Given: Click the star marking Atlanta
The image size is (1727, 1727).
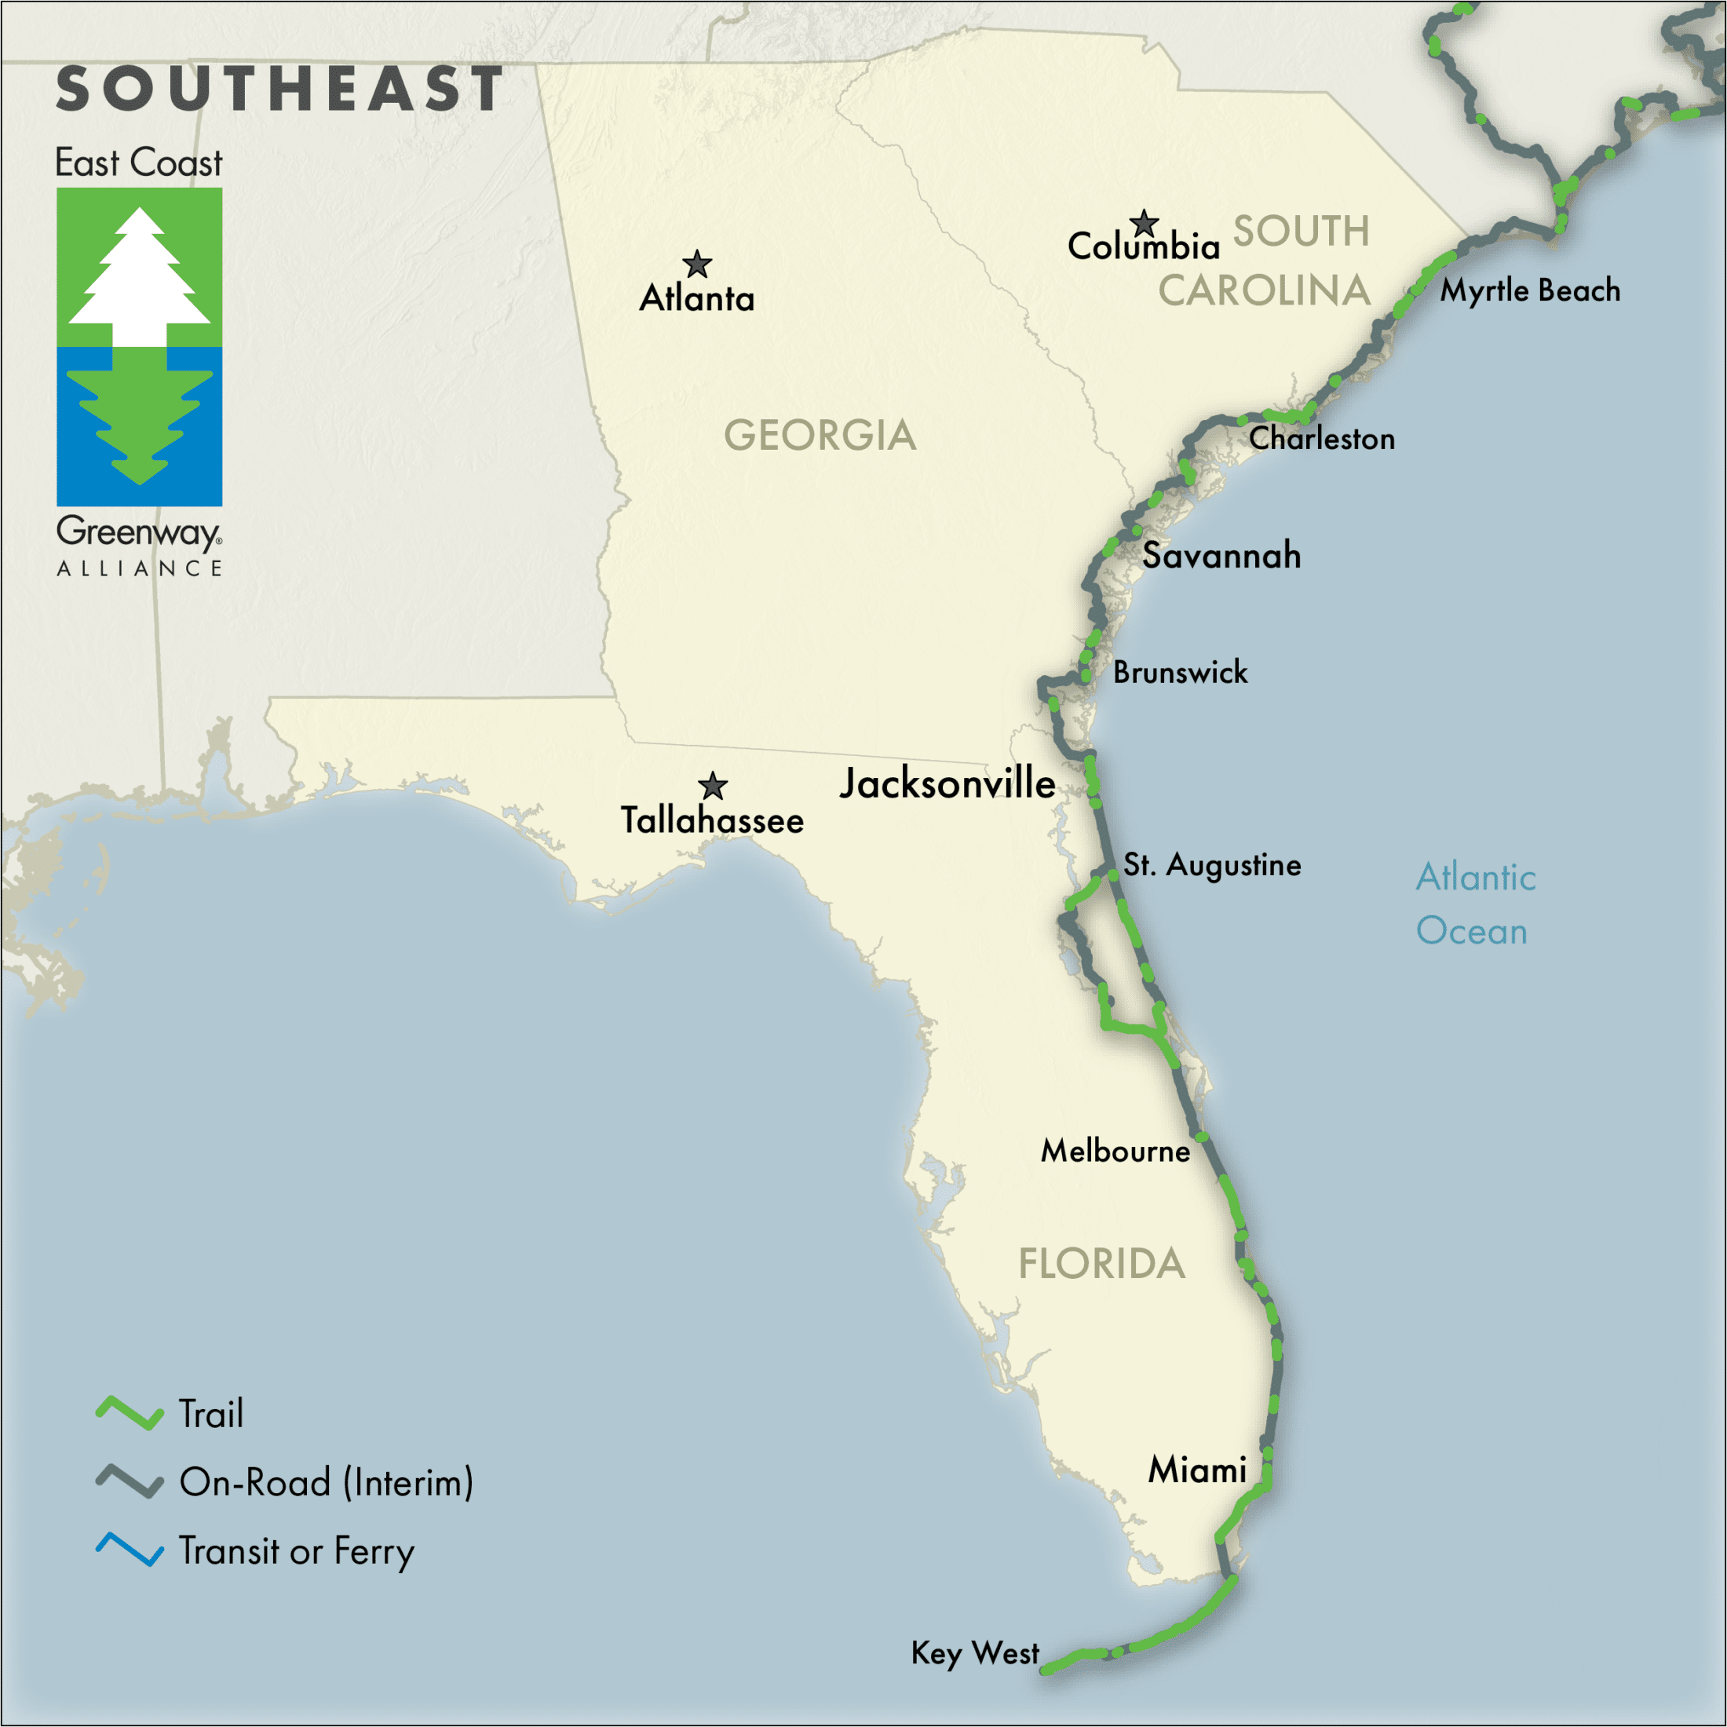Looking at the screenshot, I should [696, 265].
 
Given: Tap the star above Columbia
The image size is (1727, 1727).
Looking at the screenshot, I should [1143, 223].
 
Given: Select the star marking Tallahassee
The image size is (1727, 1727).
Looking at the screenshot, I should [713, 787].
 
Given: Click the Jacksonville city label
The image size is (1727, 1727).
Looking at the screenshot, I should [947, 783].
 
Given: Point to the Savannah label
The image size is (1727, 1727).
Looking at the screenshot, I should [1221, 556].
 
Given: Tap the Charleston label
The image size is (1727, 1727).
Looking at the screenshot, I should [1321, 439].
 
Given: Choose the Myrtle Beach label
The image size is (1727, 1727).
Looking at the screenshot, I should [1529, 290].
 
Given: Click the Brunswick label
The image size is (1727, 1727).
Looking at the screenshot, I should [1180, 672].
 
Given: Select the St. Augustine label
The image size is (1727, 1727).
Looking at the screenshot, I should [1211, 865].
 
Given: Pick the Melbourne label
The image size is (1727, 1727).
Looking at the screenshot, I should [1115, 1151].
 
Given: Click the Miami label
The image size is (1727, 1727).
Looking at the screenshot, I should [1197, 1470].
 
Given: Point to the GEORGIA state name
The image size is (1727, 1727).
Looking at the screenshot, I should [820, 436].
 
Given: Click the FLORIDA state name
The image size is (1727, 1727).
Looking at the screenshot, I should [1101, 1264].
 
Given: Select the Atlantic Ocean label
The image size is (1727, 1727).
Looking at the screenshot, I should [1475, 904].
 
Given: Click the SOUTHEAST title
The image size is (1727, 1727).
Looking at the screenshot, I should [279, 89].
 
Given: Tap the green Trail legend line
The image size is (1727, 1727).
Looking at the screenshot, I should [130, 1413].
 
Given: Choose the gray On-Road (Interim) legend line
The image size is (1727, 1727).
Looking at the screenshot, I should [130, 1481].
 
